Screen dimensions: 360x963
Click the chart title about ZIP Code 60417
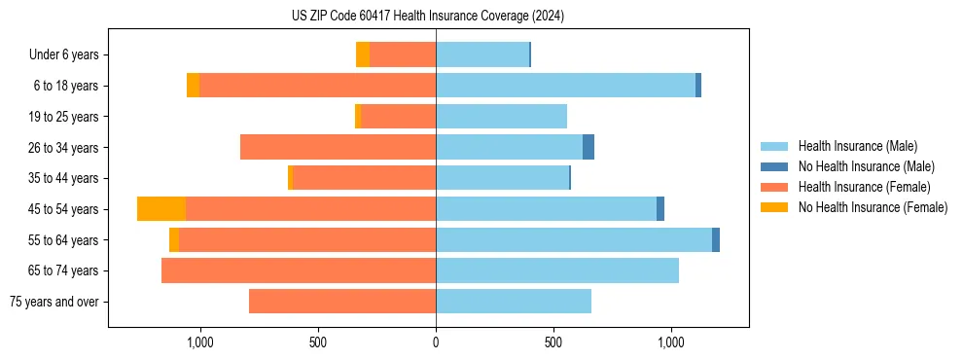coord(428,16)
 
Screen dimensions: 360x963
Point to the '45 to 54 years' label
coord(64,209)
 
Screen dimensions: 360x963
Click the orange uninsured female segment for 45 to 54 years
coord(161,209)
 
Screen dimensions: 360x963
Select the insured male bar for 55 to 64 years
coord(574,240)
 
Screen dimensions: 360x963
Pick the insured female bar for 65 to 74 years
coord(299,270)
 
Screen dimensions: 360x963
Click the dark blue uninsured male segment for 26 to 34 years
coord(588,148)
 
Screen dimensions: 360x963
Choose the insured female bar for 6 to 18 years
coord(317,86)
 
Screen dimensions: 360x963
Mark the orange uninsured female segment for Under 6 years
coord(363,55)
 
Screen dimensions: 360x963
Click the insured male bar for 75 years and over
coord(514,302)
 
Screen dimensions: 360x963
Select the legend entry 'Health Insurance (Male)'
coord(857,146)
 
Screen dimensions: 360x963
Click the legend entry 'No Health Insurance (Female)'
coord(873,207)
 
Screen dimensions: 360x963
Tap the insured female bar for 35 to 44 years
coord(364,178)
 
